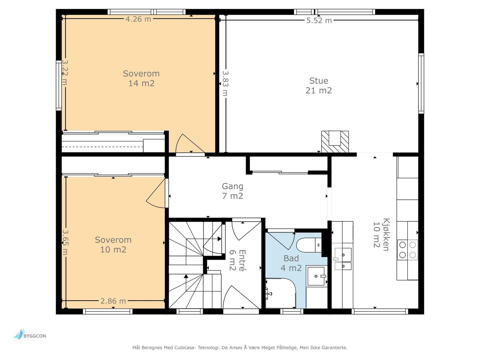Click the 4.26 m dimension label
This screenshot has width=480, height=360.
138,19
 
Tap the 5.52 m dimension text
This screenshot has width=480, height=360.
319,20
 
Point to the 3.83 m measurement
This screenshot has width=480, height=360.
225,83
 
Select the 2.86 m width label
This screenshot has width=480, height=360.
113,301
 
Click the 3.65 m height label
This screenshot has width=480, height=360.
65,242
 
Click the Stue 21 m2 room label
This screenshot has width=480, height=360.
319,85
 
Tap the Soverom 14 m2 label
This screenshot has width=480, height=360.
141,78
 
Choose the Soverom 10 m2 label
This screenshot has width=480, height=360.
113,244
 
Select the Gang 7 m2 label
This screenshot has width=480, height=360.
232,191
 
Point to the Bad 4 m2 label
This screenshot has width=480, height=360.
291,263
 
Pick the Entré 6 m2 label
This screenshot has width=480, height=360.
238,260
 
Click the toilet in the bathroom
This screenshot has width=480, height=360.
309,245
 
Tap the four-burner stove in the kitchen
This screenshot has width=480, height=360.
407,250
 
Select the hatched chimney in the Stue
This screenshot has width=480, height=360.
335,142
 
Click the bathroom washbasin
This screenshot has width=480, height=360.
316,276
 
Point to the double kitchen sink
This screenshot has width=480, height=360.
343,259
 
